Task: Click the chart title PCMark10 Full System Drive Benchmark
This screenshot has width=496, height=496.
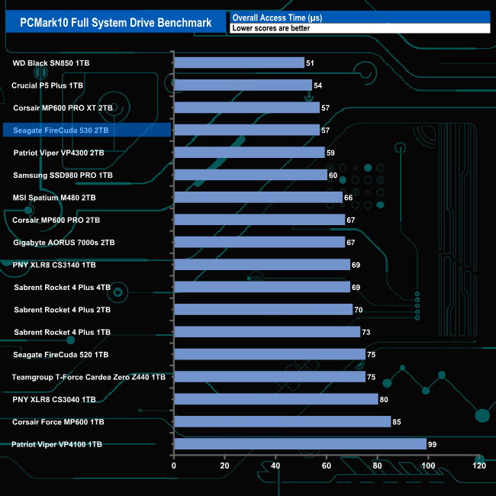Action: coord(112,22)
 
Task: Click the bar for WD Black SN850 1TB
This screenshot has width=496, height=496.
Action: coord(239,63)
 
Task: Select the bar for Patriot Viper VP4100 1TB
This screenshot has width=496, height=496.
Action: coord(300,444)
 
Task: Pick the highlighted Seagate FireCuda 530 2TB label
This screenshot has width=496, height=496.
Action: coord(61,130)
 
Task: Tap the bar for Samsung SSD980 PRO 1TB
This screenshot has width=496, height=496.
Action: coord(250,175)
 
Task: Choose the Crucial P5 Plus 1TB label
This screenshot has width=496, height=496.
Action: coord(48,85)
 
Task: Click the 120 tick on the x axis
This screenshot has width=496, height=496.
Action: coord(479,465)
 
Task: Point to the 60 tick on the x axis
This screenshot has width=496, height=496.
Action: coord(327,465)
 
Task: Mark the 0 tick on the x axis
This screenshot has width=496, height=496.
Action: coord(174,465)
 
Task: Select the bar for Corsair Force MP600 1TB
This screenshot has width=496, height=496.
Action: coord(282,421)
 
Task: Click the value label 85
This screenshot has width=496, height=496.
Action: coord(398,421)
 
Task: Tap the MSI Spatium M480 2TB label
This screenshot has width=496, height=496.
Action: coord(54,198)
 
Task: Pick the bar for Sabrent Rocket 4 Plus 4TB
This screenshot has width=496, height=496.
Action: coord(262,287)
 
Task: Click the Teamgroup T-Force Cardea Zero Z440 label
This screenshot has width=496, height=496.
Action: coord(89,377)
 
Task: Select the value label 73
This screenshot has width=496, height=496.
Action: coord(367,332)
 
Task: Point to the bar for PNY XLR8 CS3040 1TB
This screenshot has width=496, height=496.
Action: coord(276,399)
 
